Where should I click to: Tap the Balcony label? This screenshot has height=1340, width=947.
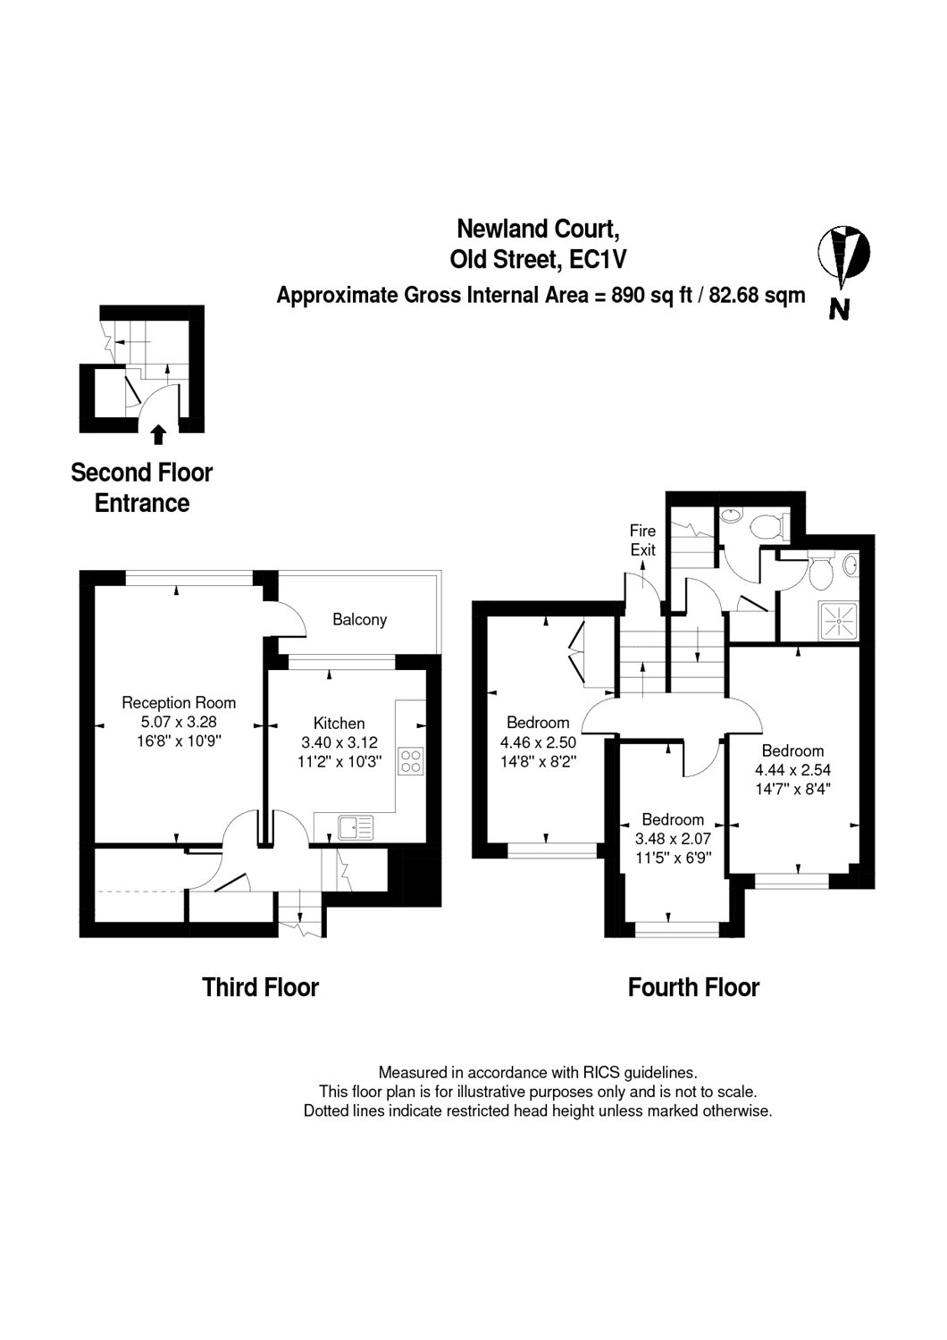[359, 619]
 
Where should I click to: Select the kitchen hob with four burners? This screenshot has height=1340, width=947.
[411, 761]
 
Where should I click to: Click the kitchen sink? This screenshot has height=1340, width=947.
[356, 828]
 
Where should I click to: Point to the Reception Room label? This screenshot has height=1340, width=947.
[179, 702]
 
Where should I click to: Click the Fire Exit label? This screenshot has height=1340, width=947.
[643, 540]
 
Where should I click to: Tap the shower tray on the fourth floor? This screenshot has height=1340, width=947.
[839, 622]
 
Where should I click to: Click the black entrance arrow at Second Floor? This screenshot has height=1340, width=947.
[158, 434]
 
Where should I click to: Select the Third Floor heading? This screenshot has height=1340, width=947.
[260, 988]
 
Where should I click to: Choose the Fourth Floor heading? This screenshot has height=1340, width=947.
[693, 988]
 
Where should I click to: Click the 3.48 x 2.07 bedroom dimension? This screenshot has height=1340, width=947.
[673, 839]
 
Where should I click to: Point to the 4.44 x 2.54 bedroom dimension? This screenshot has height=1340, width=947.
[792, 770]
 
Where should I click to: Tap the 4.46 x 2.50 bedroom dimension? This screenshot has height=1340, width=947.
[538, 742]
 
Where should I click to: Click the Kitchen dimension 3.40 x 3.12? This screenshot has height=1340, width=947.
[339, 742]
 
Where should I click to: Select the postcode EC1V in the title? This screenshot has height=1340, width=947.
[598, 260]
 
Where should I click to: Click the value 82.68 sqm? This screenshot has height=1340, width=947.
[757, 296]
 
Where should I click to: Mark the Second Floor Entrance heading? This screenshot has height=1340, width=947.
[142, 488]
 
